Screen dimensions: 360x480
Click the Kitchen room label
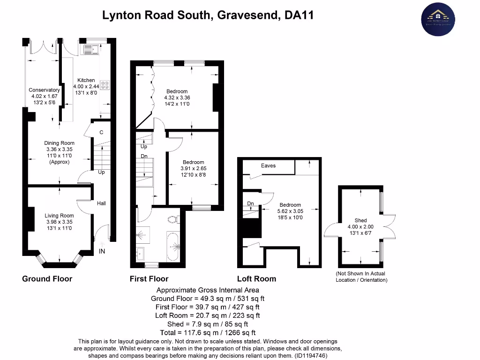click(x=86, y=80)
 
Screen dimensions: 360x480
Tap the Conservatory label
click(x=44, y=90)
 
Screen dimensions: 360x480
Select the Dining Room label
click(x=59, y=143)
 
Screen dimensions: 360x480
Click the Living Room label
click(x=59, y=216)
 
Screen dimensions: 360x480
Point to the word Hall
click(x=102, y=203)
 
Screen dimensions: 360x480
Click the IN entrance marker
click(x=102, y=252)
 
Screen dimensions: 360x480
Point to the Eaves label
click(x=268, y=165)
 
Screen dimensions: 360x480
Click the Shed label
click(x=360, y=220)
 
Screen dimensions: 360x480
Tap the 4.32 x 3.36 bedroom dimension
click(x=177, y=97)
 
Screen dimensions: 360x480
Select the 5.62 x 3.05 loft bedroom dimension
click(x=290, y=211)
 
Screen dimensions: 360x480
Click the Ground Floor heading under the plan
click(x=47, y=279)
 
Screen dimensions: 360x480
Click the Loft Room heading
click(x=256, y=279)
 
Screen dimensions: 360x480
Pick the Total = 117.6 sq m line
click(x=207, y=332)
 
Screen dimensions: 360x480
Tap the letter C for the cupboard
click(x=101, y=133)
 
